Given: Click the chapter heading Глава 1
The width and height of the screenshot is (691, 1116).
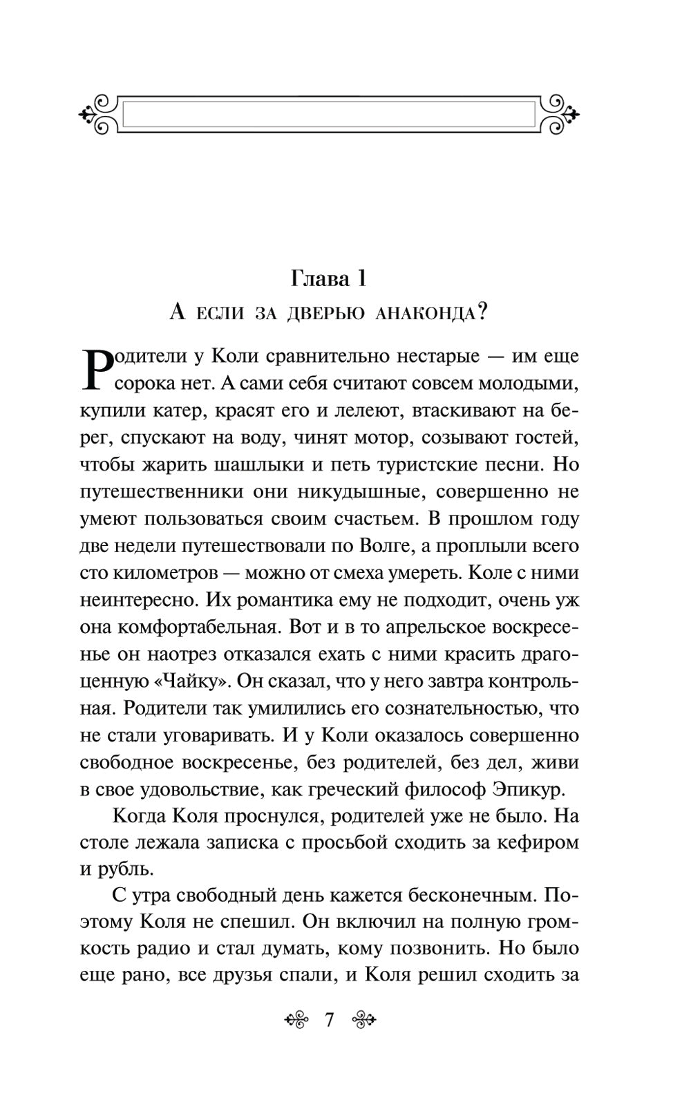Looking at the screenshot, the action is click(328, 278).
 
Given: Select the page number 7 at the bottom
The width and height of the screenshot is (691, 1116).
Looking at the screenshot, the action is click(328, 1019).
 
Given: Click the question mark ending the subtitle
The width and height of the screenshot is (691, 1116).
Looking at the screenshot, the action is click(482, 312).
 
